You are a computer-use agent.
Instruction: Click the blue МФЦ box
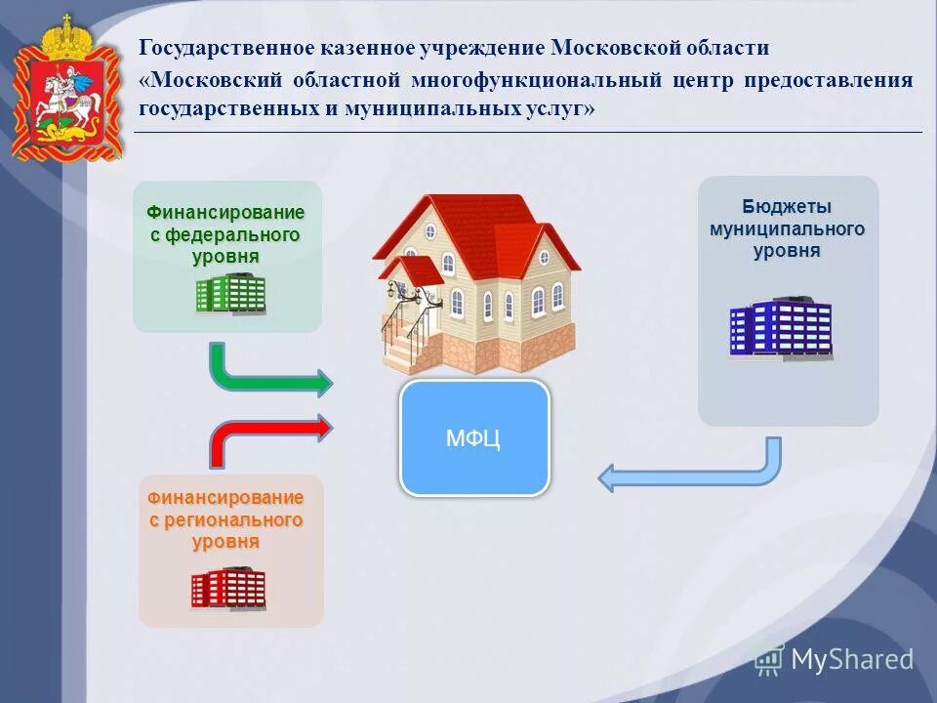(474, 437)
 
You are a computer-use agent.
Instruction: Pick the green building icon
(230, 293)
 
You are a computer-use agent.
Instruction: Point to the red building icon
(228, 588)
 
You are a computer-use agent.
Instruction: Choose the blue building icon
(781, 328)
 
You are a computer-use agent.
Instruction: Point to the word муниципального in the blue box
(787, 228)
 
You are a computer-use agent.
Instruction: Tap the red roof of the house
(468, 220)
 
